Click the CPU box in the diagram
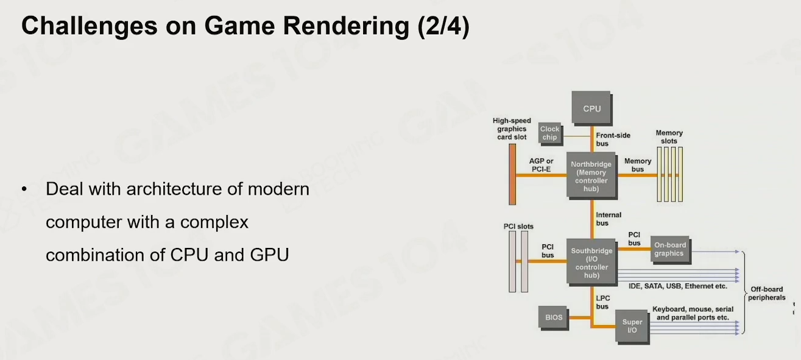tap(592, 108)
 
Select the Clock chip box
tap(550, 133)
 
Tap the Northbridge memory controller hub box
tap(592, 176)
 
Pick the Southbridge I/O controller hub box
tap(592, 263)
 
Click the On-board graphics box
tap(671, 250)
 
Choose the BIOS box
tap(554, 317)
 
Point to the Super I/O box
tap(632, 326)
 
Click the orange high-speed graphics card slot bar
tap(512, 174)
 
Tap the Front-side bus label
tap(613, 139)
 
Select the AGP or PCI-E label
tap(541, 165)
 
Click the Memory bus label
tap(638, 165)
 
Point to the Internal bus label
tap(609, 219)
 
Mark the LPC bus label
tap(602, 303)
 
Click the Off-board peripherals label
tap(767, 294)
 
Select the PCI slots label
tap(518, 227)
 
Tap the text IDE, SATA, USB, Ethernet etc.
tap(677, 286)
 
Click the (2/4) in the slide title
tap(443, 26)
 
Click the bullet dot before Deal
tap(24, 189)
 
